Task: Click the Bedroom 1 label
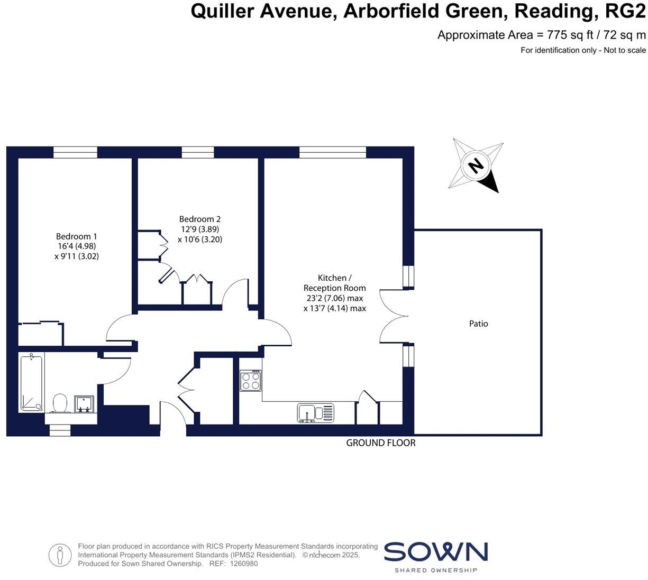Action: click(x=77, y=236)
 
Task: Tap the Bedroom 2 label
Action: click(x=200, y=219)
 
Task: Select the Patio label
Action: click(x=479, y=324)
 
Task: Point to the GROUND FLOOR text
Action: click(x=381, y=443)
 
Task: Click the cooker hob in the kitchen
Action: click(x=251, y=381)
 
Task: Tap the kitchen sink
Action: click(x=315, y=413)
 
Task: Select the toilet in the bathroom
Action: click(x=60, y=403)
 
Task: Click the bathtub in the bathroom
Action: click(x=31, y=383)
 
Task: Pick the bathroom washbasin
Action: click(x=84, y=404)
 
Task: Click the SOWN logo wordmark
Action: click(x=435, y=552)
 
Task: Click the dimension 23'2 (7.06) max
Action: click(x=334, y=298)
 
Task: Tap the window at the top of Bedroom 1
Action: click(x=75, y=152)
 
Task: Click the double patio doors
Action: click(x=395, y=316)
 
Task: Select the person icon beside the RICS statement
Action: click(x=60, y=555)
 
